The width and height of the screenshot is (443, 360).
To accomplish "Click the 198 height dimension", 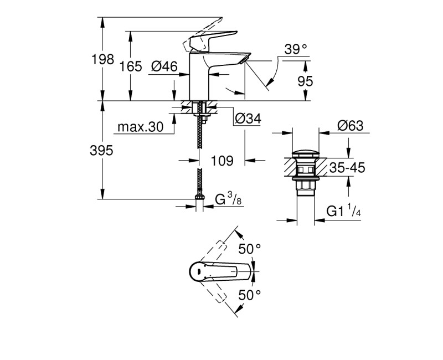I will coord(102,60).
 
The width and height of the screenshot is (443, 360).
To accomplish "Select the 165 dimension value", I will coord(131,66).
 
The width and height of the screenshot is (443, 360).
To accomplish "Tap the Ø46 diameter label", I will coord(163,66).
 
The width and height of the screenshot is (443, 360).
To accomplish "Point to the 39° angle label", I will coord(296,49).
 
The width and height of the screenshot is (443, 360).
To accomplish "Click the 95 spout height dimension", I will coord(305,81).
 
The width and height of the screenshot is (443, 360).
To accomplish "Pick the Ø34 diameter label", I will coord(248,118).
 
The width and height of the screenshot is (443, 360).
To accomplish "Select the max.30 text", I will coord(141,127).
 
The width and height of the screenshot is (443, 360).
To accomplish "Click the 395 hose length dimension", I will coord(102,151).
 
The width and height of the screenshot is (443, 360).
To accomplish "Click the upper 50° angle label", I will coord(250,249).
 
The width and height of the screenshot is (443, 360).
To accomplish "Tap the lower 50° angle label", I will coord(250,295).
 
